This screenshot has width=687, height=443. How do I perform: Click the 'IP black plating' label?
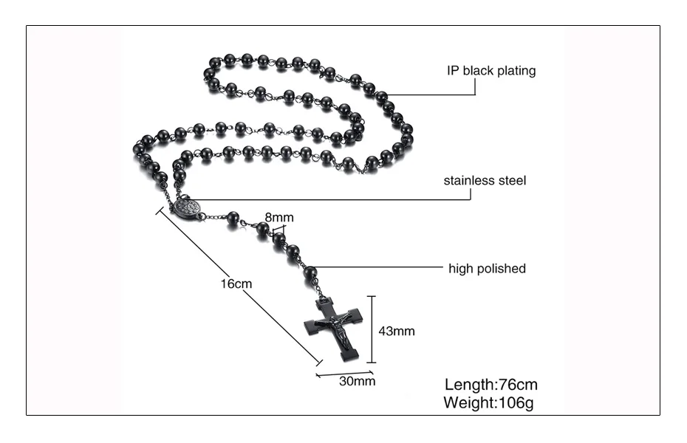491,71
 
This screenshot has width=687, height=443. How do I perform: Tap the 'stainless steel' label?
485,180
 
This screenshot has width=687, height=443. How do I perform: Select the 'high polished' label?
487,269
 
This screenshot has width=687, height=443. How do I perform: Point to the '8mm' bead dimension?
279,217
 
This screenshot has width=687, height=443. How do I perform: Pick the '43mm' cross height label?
397,332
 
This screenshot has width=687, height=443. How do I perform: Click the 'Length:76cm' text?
491,385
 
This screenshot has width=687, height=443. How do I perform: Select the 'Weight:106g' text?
488,403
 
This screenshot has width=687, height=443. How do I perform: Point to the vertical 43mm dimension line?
372,329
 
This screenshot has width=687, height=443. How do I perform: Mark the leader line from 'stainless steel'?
310,199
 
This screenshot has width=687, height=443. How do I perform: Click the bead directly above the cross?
310,274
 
